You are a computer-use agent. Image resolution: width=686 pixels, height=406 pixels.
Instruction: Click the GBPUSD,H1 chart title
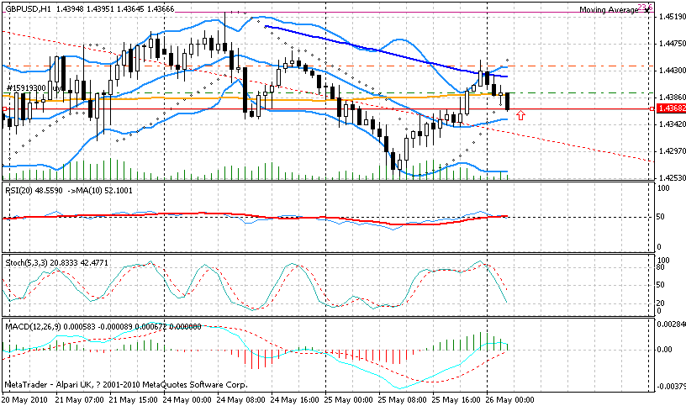click(x=31, y=8)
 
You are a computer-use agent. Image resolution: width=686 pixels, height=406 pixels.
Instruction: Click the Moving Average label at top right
click(x=609, y=10)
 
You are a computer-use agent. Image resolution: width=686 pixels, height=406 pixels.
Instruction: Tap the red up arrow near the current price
click(x=521, y=114)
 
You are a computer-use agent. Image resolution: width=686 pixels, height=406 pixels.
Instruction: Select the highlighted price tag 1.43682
click(x=672, y=109)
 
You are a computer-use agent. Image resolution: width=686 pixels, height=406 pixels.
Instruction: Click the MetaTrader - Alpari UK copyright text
click(x=126, y=385)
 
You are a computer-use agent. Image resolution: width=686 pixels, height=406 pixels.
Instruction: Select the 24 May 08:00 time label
click(x=244, y=398)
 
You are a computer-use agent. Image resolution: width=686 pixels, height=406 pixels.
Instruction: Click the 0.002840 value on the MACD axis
click(x=673, y=324)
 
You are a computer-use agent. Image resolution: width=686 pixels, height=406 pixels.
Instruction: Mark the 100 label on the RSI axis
click(x=663, y=188)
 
